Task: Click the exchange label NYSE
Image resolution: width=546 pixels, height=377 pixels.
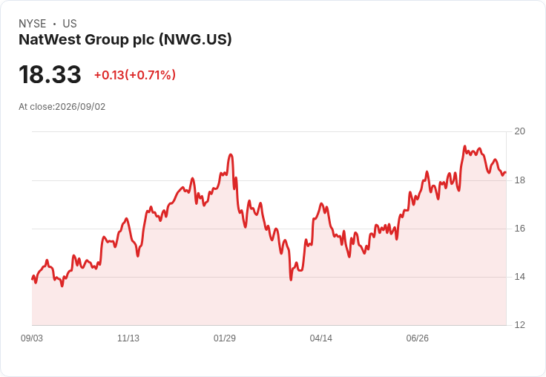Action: (x=33, y=24)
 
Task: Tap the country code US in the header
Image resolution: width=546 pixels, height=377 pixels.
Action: (x=70, y=24)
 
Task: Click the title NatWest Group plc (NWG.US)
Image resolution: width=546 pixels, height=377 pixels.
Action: (x=125, y=40)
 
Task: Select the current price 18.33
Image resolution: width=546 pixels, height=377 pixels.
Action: (x=50, y=74)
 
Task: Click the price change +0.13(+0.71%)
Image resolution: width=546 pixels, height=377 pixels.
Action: (x=135, y=75)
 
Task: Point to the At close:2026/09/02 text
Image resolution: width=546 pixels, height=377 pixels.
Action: (x=62, y=107)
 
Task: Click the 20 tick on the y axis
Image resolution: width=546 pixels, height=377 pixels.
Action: (x=520, y=131)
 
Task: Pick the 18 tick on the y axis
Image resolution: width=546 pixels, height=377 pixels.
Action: (x=520, y=180)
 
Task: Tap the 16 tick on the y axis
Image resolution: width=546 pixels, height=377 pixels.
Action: (x=520, y=229)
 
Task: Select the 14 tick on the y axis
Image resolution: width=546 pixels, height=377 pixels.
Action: (x=520, y=277)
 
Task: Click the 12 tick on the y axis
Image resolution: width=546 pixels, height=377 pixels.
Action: (x=520, y=325)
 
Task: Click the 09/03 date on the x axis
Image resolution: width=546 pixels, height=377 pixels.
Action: (x=32, y=338)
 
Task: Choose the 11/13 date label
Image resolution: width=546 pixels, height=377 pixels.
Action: (x=128, y=338)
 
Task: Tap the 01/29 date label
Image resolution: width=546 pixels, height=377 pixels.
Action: (x=225, y=338)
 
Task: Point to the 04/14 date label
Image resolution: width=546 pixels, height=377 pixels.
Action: (x=321, y=338)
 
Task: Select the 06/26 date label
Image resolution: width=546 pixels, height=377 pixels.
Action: (x=418, y=338)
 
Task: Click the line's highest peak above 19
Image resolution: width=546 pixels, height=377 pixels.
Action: (x=464, y=146)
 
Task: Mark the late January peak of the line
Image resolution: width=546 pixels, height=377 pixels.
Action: (x=231, y=154)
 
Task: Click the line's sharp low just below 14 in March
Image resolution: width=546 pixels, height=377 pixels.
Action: (x=291, y=280)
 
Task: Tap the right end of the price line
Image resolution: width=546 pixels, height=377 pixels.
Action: (x=506, y=172)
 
